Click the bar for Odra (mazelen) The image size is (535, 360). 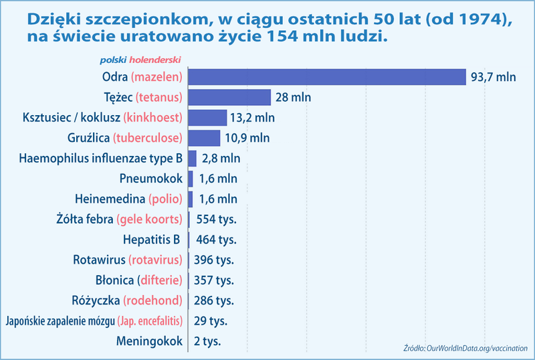pos(327,77)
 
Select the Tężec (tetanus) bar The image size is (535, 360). pos(229,98)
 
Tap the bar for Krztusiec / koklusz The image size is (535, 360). pos(207,118)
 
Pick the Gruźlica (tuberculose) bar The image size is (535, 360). pos(204,138)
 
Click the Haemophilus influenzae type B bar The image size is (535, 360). pos(193,159)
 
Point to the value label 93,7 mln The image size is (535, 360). pos(494,77)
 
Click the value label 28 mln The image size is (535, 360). pos(293,98)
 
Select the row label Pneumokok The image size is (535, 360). pos(151,179)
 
